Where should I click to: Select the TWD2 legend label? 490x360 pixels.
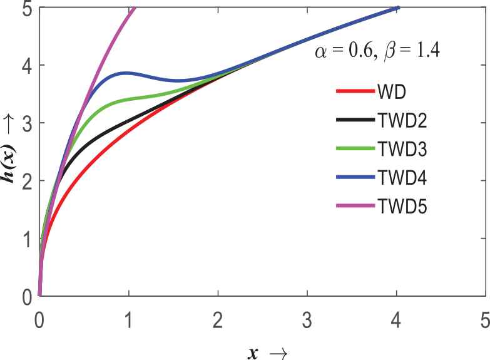pyautogui.click(x=402, y=120)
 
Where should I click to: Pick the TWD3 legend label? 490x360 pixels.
pyautogui.click(x=402, y=148)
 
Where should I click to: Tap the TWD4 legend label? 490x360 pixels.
pyautogui.click(x=402, y=177)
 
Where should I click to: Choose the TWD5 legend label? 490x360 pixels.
pyautogui.click(x=402, y=205)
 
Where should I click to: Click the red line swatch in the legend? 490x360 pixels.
pyautogui.click(x=353, y=91)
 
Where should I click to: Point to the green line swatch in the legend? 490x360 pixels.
pyautogui.click(x=353, y=148)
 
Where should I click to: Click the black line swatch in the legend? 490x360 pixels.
pyautogui.click(x=353, y=120)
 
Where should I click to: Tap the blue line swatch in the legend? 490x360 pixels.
pyautogui.click(x=353, y=177)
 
